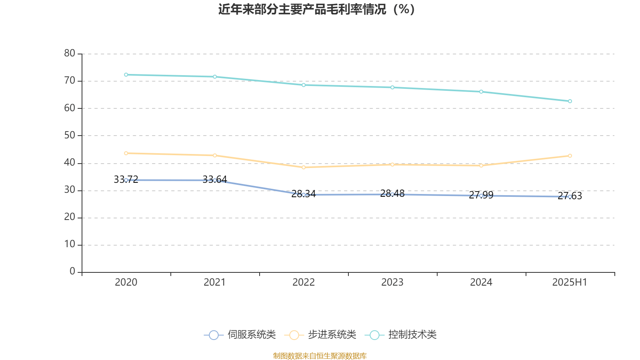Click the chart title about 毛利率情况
pyautogui.click(x=316, y=9)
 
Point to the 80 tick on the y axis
pyautogui.click(x=70, y=53)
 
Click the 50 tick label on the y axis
pyautogui.click(x=70, y=135)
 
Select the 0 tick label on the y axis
pyautogui.click(x=72, y=272)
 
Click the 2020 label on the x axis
pyautogui.click(x=126, y=282)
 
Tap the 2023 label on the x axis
pyautogui.click(x=392, y=282)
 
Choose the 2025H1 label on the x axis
pyautogui.click(x=570, y=282)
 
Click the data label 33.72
pyautogui.click(x=126, y=179)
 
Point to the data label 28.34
pyautogui.click(x=304, y=194)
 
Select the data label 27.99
pyautogui.click(x=481, y=195)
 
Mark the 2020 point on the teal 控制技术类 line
pyautogui.click(x=126, y=75)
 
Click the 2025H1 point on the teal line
pyautogui.click(x=570, y=101)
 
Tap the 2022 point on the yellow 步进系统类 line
pyautogui.click(x=304, y=167)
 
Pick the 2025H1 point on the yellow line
pyautogui.click(x=570, y=156)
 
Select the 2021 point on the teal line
pyautogui.click(x=215, y=77)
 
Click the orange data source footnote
pyautogui.click(x=320, y=356)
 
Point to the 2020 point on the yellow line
pyautogui.click(x=126, y=153)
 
